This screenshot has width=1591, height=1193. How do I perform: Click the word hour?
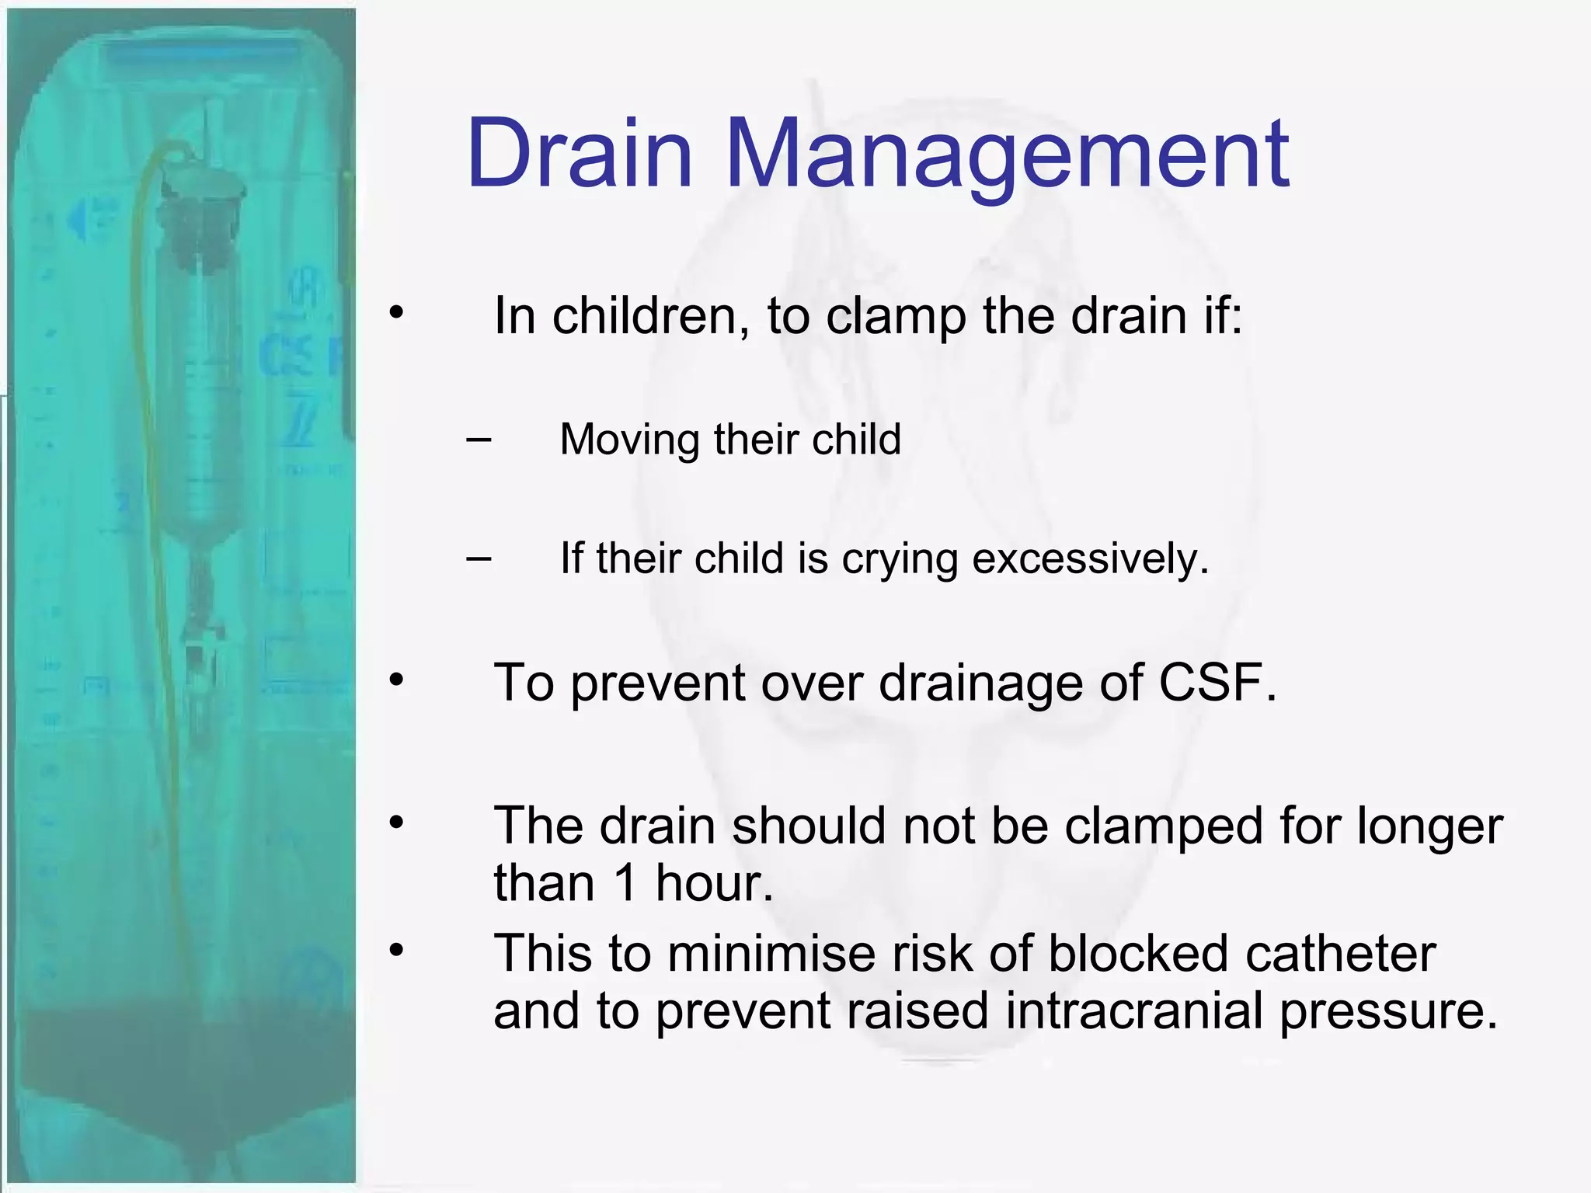[714, 883]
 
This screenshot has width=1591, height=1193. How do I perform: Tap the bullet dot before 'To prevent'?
[397, 680]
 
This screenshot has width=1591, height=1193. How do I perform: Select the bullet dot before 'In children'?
[397, 313]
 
